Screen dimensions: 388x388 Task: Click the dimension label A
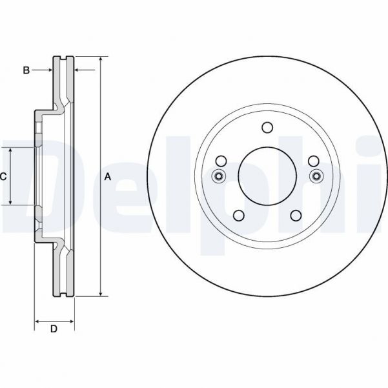pos(108,177)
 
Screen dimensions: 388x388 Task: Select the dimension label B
pos(26,70)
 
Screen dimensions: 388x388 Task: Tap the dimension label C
pos(3,176)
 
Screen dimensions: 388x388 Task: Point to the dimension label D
pos(54,329)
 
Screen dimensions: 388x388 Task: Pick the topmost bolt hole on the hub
pos(267,128)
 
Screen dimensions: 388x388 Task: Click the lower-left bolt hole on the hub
pos(238,216)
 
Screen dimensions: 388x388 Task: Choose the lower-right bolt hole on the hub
pos(296,216)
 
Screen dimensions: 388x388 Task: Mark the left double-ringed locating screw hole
pos(218,177)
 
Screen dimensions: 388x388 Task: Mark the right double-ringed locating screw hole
pos(316,177)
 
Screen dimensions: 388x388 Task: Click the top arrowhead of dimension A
pos(101,60)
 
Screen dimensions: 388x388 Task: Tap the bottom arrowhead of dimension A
pos(101,294)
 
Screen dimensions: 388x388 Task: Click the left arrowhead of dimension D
pos(37,320)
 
